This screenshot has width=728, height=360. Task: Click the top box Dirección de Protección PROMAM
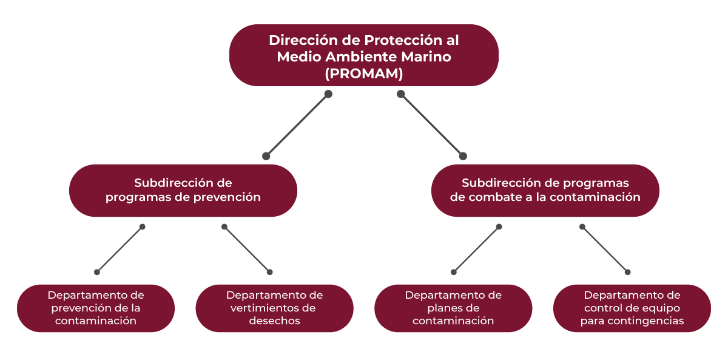click(363, 56)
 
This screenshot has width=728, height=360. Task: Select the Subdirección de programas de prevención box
click(183, 190)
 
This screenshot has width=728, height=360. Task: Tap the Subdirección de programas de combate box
click(545, 190)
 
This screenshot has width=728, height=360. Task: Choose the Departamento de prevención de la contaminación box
click(96, 308)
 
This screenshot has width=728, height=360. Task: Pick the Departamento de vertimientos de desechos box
click(274, 308)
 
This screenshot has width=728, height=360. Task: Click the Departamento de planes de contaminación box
click(453, 308)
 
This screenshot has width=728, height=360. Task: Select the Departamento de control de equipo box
click(632, 308)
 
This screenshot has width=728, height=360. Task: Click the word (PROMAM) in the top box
click(363, 74)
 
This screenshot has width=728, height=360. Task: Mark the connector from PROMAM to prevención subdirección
click(297, 125)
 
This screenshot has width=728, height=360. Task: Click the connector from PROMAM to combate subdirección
click(431, 125)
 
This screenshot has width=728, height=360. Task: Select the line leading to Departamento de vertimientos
click(247, 250)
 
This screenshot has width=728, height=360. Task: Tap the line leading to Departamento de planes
click(476, 250)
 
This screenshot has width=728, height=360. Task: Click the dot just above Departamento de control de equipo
click(628, 272)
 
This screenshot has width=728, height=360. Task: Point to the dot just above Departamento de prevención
click(96, 272)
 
